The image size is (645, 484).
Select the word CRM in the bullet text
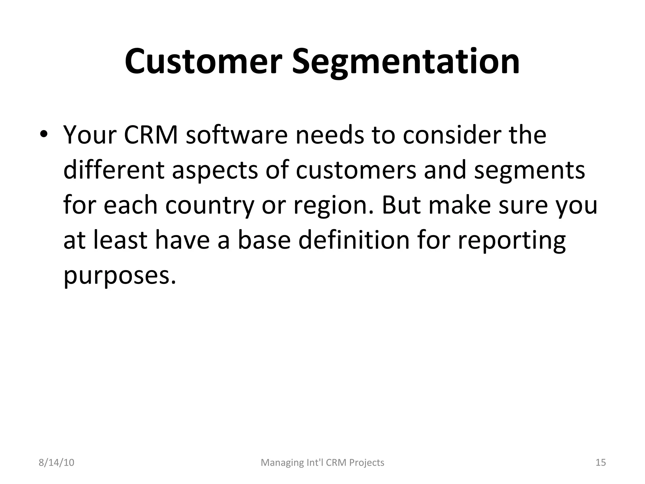pos(151,135)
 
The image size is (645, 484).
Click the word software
pos(237,135)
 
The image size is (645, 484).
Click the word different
pos(114,170)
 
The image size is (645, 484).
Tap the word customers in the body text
pos(356,170)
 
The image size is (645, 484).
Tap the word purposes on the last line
pos(119,276)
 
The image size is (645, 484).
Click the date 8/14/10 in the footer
pos(56,463)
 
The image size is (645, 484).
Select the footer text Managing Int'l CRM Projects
pos(322,463)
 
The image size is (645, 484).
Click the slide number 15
pos(601,463)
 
